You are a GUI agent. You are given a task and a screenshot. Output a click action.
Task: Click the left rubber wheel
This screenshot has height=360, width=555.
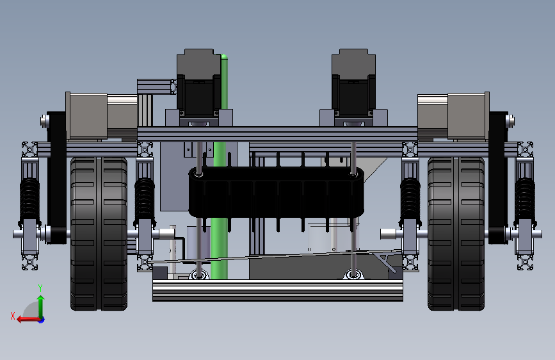point(99,234)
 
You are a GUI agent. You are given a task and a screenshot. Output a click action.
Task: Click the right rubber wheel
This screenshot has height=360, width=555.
point(456,234)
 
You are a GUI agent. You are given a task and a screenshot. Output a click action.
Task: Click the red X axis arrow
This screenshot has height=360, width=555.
point(29,320)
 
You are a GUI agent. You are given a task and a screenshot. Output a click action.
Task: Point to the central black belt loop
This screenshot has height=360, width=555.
point(276,192)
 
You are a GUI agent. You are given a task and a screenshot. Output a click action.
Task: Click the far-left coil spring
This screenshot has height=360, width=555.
point(29,200)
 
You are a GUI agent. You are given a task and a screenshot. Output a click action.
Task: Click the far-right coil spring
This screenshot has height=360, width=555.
point(525,200)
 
